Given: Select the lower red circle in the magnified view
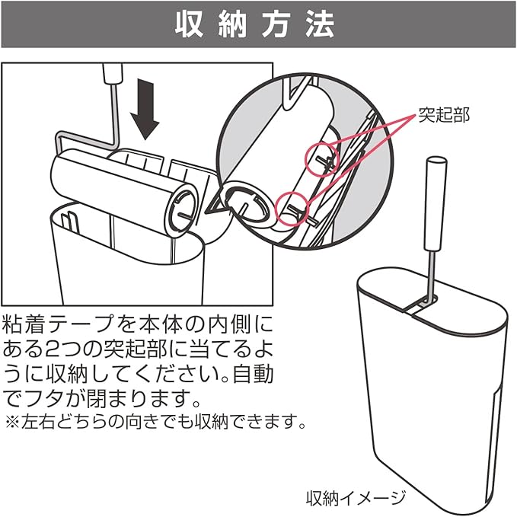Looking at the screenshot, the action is [x=291, y=208].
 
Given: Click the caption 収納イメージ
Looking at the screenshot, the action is [x=356, y=499].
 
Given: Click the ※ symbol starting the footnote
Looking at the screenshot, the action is [x=11, y=421].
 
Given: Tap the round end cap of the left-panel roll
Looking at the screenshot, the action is [x=180, y=205].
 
